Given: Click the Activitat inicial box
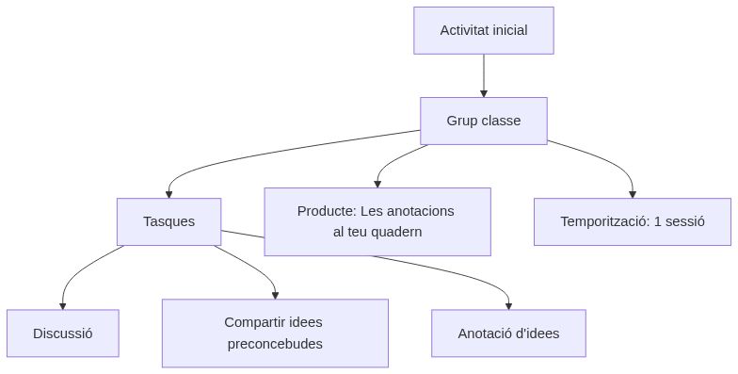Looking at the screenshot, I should [x=484, y=30].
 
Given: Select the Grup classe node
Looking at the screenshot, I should [x=484, y=121].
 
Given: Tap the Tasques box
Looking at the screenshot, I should [x=169, y=221].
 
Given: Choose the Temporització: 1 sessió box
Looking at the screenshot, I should [x=633, y=221].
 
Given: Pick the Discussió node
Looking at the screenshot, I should [x=63, y=333].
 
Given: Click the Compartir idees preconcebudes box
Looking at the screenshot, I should [x=275, y=333].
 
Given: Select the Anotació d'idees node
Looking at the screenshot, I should [x=508, y=333].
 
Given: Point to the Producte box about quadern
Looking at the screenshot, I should [x=377, y=221].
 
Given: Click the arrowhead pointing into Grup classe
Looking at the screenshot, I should [x=484, y=93].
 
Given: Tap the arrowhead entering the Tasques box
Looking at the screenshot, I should [x=169, y=193].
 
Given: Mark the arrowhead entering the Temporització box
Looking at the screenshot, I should [x=633, y=193].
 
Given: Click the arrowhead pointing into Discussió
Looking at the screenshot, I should [x=63, y=305].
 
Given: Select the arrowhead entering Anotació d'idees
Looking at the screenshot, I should [x=508, y=305].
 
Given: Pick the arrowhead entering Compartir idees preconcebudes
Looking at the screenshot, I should [x=275, y=295].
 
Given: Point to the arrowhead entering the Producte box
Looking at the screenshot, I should [x=377, y=183].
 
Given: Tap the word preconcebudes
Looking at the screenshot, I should [x=275, y=344].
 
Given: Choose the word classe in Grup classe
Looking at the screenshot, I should [x=501, y=121].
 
